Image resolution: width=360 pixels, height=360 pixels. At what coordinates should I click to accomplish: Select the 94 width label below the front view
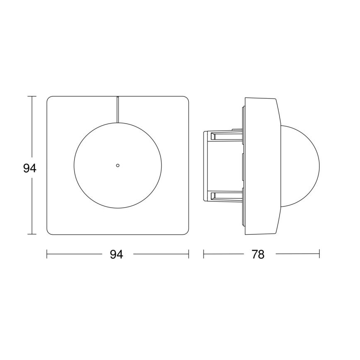click(117, 254)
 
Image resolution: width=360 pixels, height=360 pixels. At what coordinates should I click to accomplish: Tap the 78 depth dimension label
click(258, 254)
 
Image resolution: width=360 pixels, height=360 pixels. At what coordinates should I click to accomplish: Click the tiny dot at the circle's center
click(118, 165)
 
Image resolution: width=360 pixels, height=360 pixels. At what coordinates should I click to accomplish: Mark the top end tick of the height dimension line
click(32, 97)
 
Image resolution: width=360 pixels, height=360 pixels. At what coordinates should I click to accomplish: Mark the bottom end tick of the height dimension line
click(32, 234)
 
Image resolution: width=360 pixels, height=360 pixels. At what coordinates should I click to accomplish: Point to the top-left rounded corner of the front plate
click(49, 99)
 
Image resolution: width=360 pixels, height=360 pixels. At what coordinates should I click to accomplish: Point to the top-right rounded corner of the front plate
click(186, 99)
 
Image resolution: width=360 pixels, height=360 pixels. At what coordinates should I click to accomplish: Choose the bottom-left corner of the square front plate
click(49, 232)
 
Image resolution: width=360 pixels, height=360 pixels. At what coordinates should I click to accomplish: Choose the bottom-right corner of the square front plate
click(186, 232)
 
